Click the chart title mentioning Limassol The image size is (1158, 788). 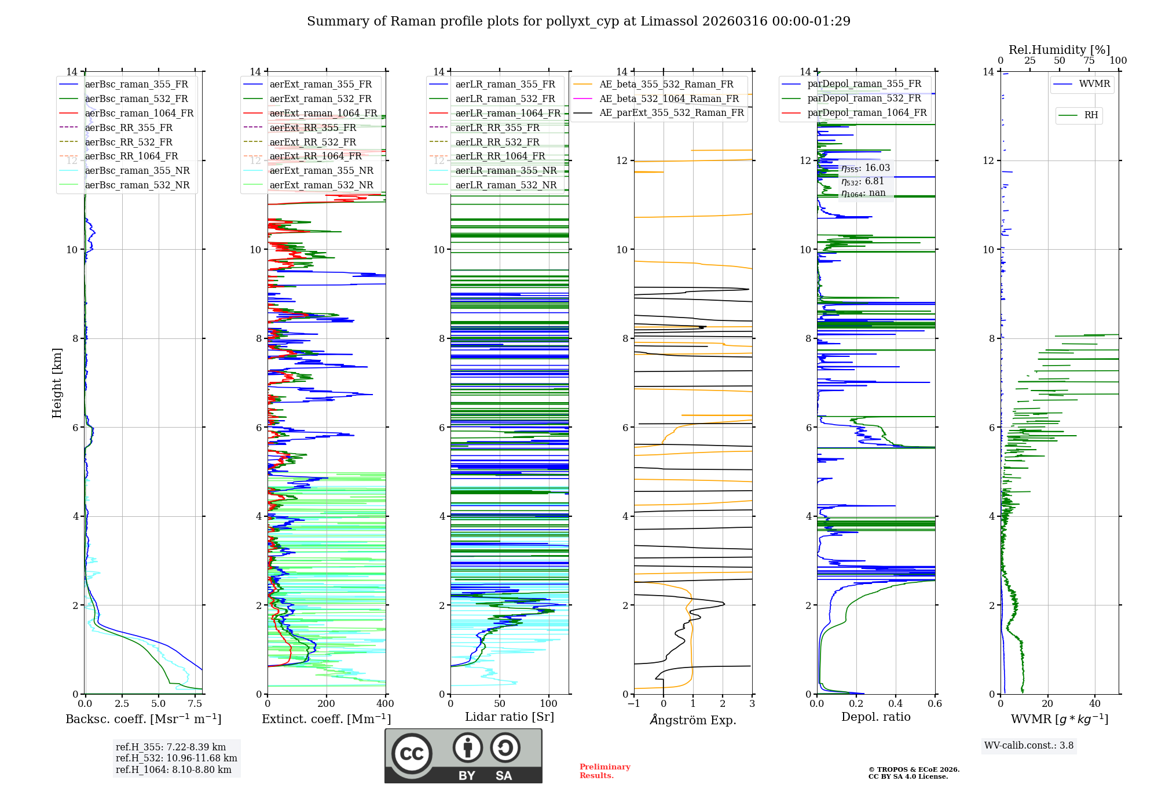578,21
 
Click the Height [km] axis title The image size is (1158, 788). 57,382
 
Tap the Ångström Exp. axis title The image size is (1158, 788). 693,720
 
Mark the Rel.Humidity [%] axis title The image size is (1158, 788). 1059,50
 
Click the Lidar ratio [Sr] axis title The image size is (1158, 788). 510,717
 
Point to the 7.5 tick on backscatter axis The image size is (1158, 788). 195,704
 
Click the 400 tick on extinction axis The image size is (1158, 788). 385,704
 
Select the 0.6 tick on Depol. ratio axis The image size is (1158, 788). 935,704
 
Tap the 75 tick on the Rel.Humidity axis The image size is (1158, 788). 1089,61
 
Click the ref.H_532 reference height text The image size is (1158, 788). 176,758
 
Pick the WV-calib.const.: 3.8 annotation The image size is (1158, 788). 1029,746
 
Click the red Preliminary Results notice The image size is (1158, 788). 604,771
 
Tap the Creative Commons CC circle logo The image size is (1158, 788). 412,754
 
